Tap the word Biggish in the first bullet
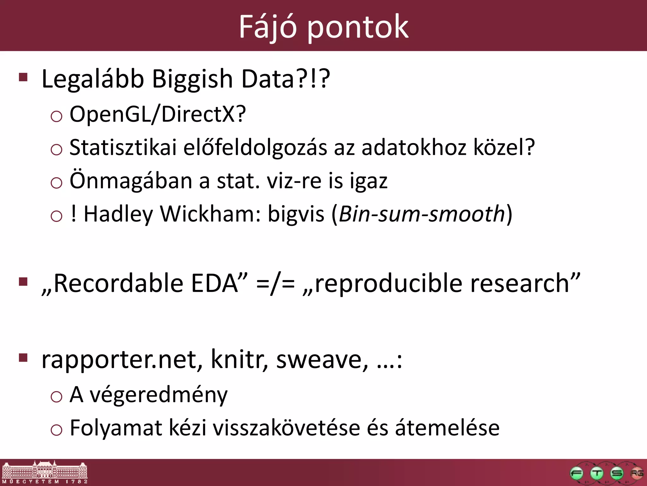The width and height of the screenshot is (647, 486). (192, 79)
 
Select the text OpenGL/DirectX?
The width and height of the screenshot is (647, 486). (157, 114)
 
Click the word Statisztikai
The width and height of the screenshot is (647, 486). (123, 147)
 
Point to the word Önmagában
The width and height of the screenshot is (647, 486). (131, 181)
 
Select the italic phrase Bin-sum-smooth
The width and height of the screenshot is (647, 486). (422, 214)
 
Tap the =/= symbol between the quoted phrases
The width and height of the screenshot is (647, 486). (275, 283)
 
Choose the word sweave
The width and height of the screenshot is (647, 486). (322, 360)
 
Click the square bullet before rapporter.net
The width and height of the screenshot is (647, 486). (23, 358)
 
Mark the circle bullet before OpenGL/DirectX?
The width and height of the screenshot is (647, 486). (56, 116)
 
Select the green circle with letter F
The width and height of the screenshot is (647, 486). (576, 473)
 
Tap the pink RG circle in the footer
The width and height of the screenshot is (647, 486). (636, 473)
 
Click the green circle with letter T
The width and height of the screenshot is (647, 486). (596, 473)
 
